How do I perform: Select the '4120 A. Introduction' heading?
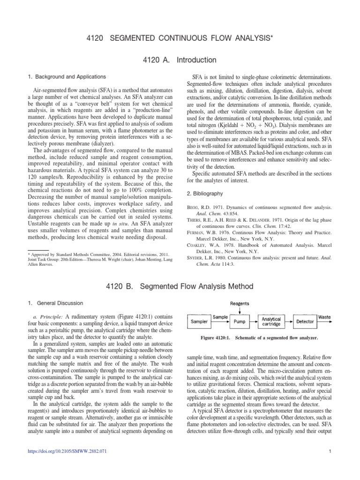pos(180,60)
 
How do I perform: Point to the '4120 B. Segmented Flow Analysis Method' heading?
pos(180,286)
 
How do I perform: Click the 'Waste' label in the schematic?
pos(324,317)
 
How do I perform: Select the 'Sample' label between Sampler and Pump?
pos(220,317)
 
